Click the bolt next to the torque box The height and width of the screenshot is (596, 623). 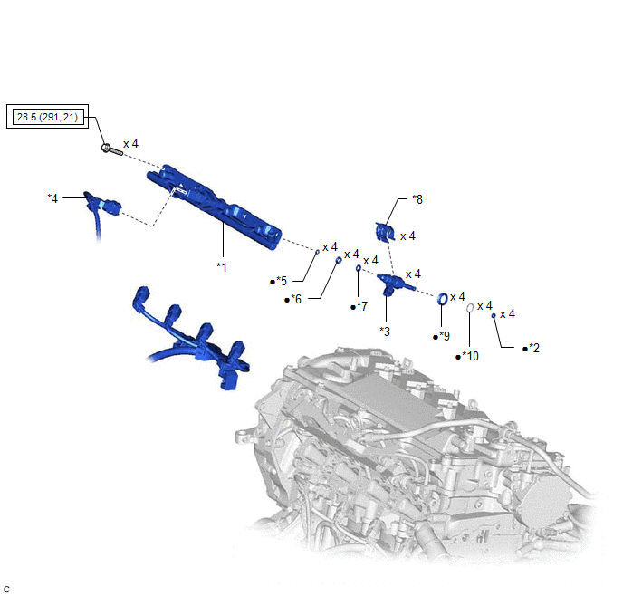(x=111, y=149)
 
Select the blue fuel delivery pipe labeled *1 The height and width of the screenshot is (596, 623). (x=215, y=207)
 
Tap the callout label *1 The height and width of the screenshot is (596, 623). (x=222, y=267)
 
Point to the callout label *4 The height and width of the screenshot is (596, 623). (x=53, y=197)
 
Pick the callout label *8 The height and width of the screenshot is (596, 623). (x=417, y=199)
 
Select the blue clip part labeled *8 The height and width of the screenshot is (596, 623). (x=384, y=233)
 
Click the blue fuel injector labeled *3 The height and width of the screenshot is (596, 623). (x=394, y=284)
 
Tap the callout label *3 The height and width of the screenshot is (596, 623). (x=385, y=331)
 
